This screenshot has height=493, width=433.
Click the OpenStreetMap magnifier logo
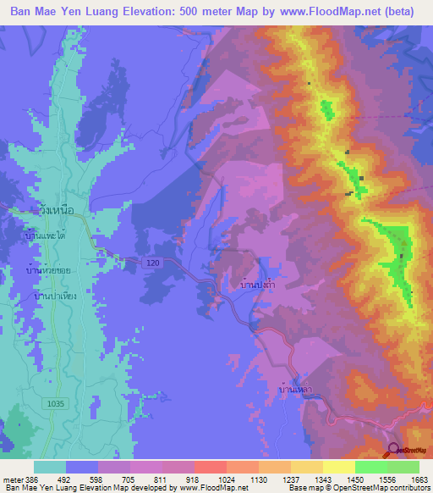pyautogui.click(x=393, y=451)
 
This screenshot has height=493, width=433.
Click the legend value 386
pyautogui.click(x=33, y=479)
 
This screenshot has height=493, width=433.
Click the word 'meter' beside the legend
pyautogui.click(x=12, y=479)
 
